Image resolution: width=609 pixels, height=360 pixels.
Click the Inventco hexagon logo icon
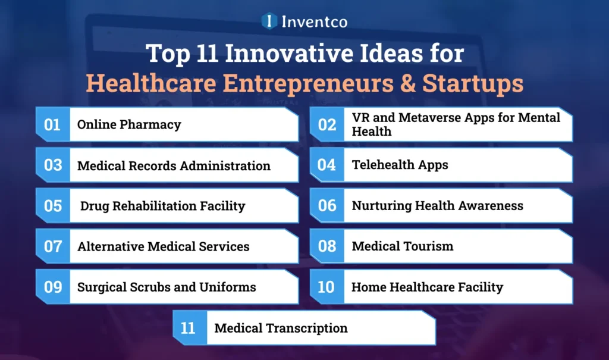point(270,21)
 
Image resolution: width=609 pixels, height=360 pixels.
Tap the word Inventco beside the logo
point(315,21)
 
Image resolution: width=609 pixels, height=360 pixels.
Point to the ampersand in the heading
point(407,84)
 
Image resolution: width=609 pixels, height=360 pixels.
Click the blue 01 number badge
point(53,124)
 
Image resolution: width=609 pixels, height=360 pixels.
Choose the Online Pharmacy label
point(129,124)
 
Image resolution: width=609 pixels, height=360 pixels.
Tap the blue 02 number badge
point(327,124)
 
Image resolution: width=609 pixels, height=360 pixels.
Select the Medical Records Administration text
point(174,165)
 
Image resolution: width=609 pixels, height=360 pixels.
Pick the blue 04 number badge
point(327,165)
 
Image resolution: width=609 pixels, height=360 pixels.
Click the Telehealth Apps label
point(400,165)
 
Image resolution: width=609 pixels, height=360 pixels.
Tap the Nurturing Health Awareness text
point(437,206)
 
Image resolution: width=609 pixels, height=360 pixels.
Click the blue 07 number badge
point(53,246)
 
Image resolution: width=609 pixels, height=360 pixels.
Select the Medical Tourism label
point(402,246)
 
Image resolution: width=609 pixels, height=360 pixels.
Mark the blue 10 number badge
point(327,287)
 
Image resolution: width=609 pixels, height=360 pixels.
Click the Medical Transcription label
point(281,328)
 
